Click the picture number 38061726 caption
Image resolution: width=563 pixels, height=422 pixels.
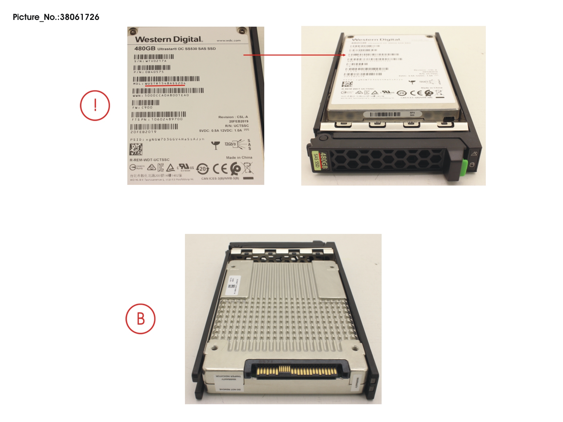pos(56,17)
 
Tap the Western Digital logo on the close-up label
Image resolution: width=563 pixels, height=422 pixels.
pos(168,39)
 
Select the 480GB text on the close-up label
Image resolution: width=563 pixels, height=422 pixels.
pos(145,48)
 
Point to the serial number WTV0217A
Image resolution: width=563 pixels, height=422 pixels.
pos(155,61)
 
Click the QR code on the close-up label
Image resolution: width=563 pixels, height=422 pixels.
pos(136,150)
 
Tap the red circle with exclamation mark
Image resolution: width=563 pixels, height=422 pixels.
pos(95,106)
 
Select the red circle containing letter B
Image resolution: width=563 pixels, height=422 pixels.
pos(140,319)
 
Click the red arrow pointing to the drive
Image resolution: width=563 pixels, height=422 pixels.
pos(294,55)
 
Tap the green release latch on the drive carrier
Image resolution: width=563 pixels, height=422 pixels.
pos(463,166)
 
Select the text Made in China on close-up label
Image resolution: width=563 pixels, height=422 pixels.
pos(239,157)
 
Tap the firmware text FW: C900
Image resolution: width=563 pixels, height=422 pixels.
pos(142,107)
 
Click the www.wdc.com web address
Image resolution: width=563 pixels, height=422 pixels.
pos(229,41)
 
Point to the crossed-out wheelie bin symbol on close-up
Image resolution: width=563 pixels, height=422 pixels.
pos(248,168)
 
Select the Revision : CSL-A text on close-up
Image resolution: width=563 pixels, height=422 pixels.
pos(233,117)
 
